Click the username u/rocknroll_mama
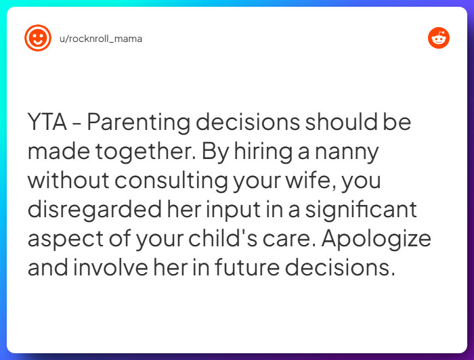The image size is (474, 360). tap(101, 39)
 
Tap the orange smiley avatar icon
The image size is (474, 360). tap(37, 38)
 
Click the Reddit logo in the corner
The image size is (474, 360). tap(439, 38)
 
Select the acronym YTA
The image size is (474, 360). tap(47, 124)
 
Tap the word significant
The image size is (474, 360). tap(369, 210)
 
